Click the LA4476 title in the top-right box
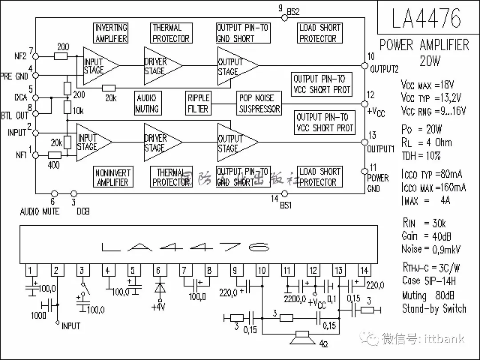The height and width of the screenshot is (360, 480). pos(426,18)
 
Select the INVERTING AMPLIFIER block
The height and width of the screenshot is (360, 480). pos(111,33)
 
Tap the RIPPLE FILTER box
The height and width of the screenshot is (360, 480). pos(198,103)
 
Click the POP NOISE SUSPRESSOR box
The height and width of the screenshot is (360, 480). pos(260,103)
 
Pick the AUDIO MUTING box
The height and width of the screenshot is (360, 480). pos(147,103)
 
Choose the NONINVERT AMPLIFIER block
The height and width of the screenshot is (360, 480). pos(112,177)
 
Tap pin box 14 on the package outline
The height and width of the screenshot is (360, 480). pos(364,270)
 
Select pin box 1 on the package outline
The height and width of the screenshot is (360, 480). pos(30,270)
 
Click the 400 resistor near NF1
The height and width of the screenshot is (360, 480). pos(54,155)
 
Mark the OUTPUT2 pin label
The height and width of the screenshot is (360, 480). pos(384,69)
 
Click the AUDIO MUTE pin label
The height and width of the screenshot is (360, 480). pos(40,212)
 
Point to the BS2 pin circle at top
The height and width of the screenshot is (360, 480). pos(285,18)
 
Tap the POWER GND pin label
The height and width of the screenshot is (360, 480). pos(378,183)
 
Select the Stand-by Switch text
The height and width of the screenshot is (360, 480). pos(434,308)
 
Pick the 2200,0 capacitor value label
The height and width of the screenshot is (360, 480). pos(295,298)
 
